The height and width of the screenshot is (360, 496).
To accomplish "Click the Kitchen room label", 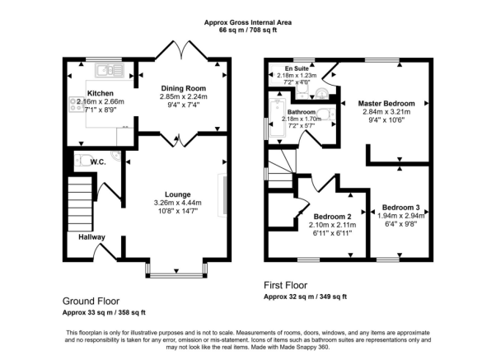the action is tap(101, 93).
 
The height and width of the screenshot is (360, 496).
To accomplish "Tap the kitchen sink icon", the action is tap(110, 70).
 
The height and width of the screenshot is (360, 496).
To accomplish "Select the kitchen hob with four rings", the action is tap(77, 105).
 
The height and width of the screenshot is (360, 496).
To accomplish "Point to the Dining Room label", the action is tap(184, 88).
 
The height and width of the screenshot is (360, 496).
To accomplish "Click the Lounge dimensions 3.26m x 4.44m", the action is tap(178, 203).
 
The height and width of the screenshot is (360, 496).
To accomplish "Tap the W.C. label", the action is tap(98, 162).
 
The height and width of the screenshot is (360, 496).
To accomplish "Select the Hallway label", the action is tap(91, 237).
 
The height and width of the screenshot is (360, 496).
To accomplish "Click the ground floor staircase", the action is tap(81, 203).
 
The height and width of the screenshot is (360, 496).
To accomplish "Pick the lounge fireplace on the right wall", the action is tap(222, 195).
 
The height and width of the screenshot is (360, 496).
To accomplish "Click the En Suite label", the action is tap(297, 68).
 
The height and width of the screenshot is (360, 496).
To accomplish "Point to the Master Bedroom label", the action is tap(386, 104).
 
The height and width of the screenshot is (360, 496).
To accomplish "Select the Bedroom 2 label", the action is tap(332, 217).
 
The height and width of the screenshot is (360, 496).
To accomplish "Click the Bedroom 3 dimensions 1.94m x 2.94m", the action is tap(400, 216).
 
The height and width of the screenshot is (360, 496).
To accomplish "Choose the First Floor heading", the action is tap(286, 285).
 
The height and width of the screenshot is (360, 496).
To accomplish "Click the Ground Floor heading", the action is tap(91, 302).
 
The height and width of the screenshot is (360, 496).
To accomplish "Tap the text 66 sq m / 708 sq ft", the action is tap(248, 30).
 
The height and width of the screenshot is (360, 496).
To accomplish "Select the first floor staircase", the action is tap(280, 169).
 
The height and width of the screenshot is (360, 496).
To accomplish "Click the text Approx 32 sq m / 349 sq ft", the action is tap(305, 297).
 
